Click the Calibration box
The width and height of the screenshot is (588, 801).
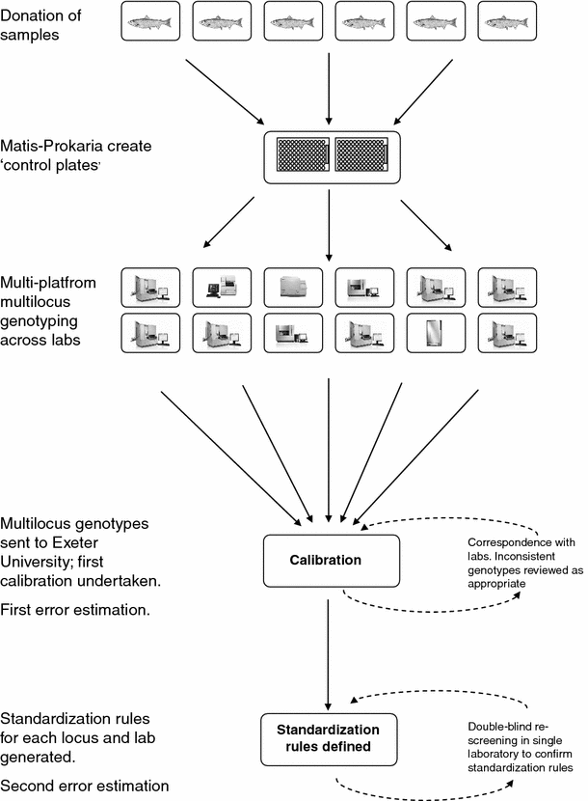pyautogui.click(x=330, y=561)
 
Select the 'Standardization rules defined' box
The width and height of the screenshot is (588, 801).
pyautogui.click(x=330, y=736)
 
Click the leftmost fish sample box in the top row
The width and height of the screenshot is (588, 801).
pyautogui.click(x=152, y=21)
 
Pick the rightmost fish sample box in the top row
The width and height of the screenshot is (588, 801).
pyautogui.click(x=507, y=21)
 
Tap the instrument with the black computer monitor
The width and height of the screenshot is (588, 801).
pyautogui.click(x=224, y=286)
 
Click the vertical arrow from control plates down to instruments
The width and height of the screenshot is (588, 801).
pyautogui.click(x=330, y=222)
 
